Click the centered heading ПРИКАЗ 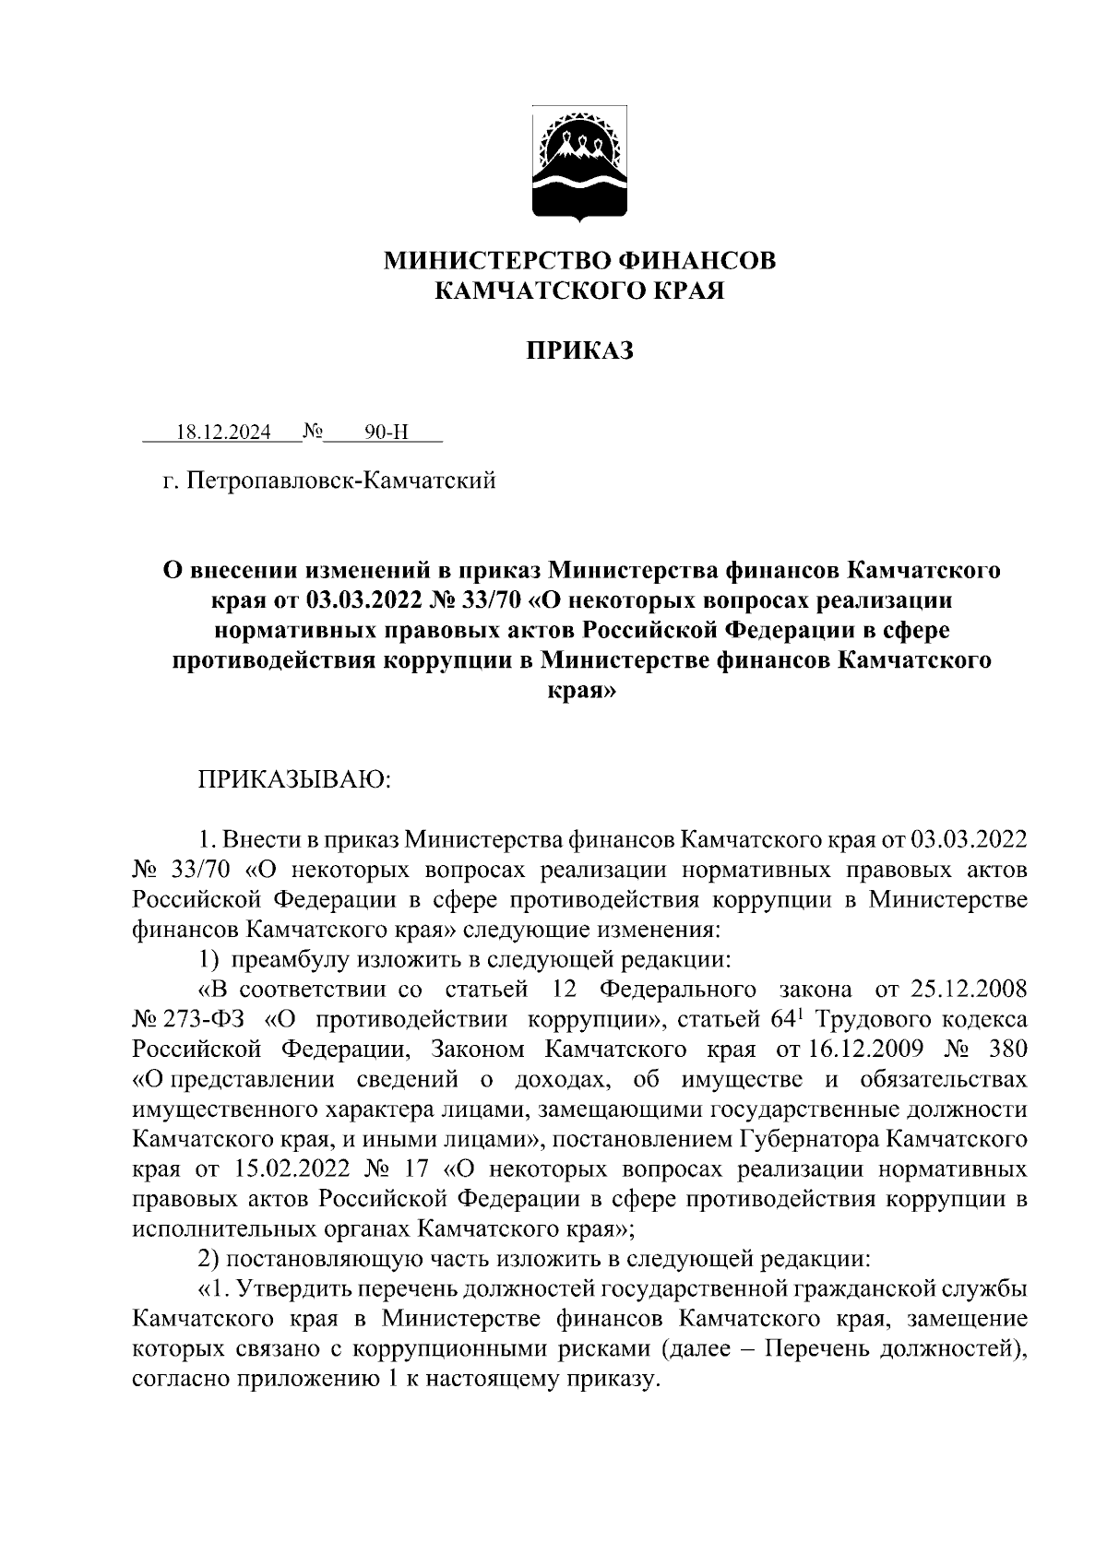(x=580, y=350)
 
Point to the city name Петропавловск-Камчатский (x=340, y=480)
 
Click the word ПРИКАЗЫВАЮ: (x=294, y=780)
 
